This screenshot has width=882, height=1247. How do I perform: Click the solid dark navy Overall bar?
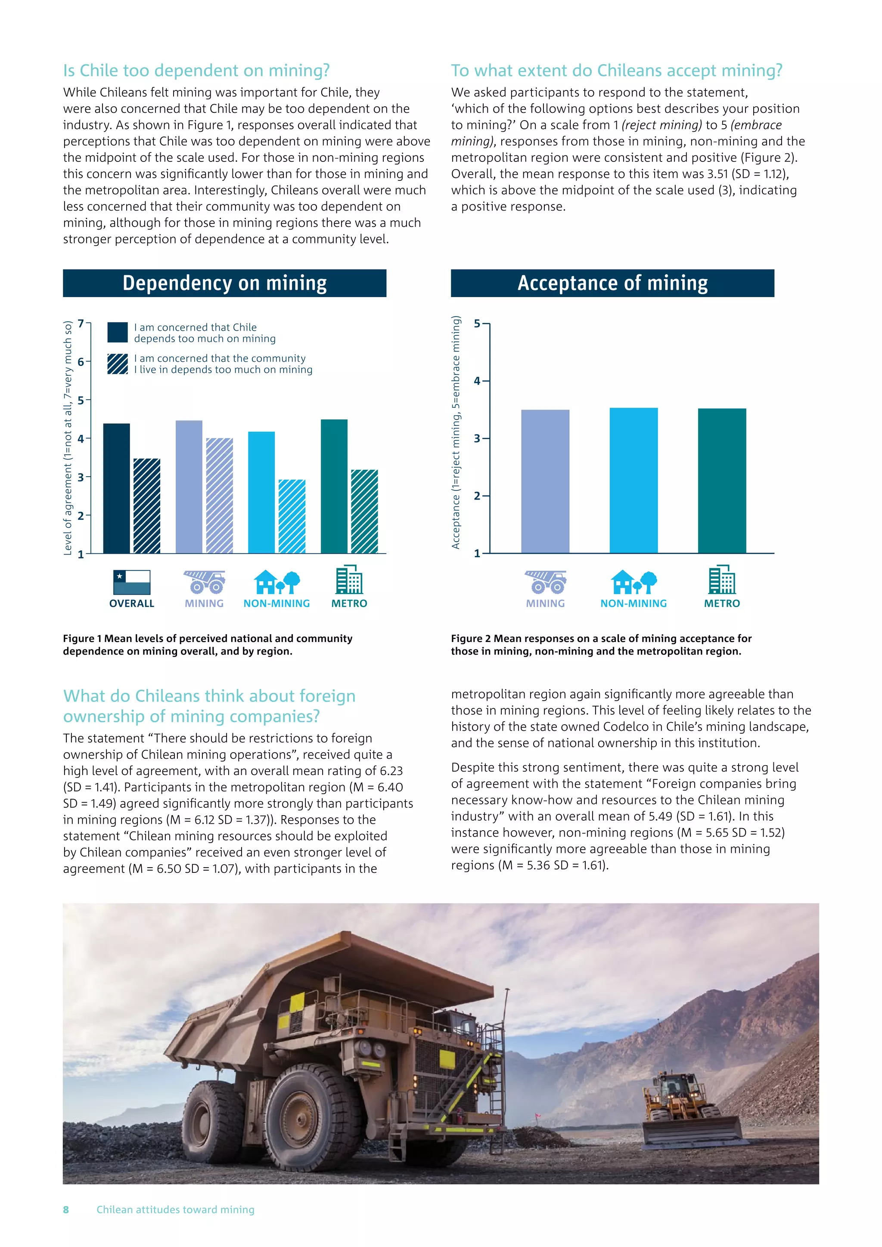click(116, 488)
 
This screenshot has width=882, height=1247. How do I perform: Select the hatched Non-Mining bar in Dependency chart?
click(292, 517)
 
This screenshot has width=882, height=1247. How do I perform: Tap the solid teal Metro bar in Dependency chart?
click(334, 486)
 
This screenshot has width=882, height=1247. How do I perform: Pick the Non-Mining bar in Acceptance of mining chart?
click(633, 480)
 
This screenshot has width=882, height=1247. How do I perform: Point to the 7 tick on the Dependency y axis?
click(81, 324)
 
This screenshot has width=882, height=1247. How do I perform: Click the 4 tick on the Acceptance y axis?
click(477, 381)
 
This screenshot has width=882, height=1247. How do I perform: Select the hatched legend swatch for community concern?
click(117, 364)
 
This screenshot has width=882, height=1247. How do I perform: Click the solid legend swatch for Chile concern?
click(117, 332)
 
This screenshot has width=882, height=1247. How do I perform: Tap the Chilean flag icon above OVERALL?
click(131, 582)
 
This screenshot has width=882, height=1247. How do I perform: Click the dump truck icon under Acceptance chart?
click(545, 582)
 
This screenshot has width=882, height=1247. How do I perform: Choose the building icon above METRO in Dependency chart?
click(349, 580)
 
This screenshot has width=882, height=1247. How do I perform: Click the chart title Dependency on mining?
click(224, 283)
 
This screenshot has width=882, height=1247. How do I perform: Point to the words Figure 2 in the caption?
click(470, 639)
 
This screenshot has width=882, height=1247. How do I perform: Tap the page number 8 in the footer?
click(66, 1210)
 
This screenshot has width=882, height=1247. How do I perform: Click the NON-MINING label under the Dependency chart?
click(276, 603)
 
